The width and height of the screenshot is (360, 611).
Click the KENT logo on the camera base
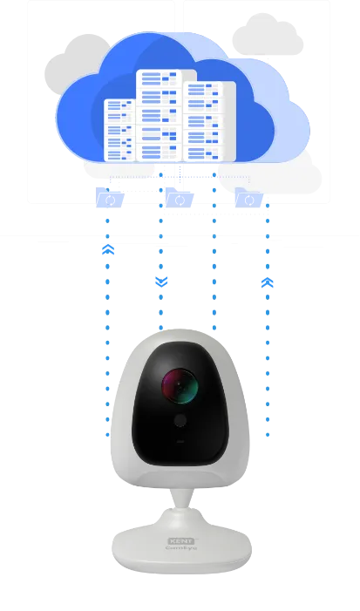[179, 541]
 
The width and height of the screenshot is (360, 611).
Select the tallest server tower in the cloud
[158, 113]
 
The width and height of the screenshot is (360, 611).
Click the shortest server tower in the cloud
[119, 131]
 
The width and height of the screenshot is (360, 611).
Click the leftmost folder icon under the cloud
[110, 197]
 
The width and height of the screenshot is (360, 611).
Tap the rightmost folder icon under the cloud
[248, 198]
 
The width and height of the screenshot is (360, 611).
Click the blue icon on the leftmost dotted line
[108, 250]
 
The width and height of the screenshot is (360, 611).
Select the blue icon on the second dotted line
[160, 282]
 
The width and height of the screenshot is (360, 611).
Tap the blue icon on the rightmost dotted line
[268, 283]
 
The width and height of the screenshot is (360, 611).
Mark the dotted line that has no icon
[213, 279]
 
